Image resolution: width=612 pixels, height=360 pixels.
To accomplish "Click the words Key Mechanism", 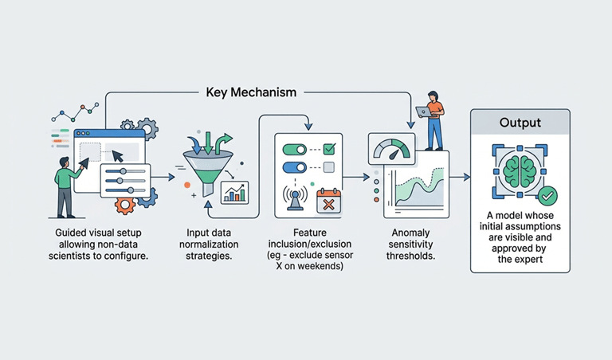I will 251,92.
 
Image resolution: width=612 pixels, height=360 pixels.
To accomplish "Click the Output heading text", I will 520,123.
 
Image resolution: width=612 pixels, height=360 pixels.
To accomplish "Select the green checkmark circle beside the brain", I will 547,195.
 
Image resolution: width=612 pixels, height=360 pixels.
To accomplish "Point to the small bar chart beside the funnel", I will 234,193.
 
